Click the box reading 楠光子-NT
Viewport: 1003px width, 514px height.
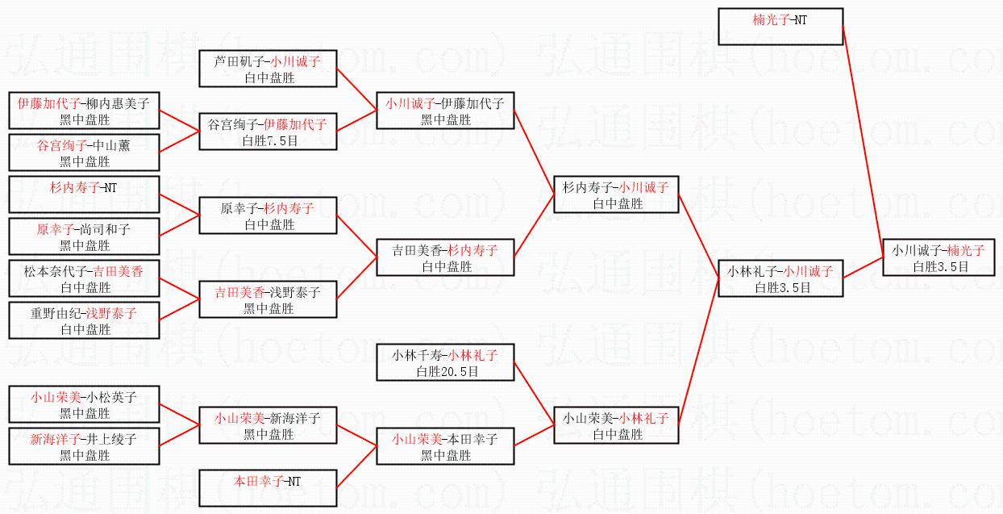coord(780,27)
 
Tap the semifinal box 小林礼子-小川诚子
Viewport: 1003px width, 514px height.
coord(780,278)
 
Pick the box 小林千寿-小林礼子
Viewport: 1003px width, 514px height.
coord(445,362)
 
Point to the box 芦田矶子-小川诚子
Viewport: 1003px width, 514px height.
coord(268,69)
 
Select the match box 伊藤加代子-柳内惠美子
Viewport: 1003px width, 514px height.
coord(84,111)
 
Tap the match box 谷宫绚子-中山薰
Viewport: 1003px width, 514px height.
coord(84,153)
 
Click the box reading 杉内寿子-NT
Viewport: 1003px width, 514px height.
coord(84,194)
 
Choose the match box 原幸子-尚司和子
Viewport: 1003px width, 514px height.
coord(84,236)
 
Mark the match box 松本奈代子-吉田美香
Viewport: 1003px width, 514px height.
coord(84,278)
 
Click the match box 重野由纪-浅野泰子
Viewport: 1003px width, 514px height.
coord(84,320)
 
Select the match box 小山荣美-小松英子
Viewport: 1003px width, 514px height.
coord(84,404)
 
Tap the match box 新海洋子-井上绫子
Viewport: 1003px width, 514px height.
coord(84,446)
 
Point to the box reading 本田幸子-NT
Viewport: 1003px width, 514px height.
coord(268,488)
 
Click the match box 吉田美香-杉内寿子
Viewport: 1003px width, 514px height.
coord(445,257)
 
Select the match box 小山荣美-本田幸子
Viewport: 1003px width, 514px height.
coord(445,446)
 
